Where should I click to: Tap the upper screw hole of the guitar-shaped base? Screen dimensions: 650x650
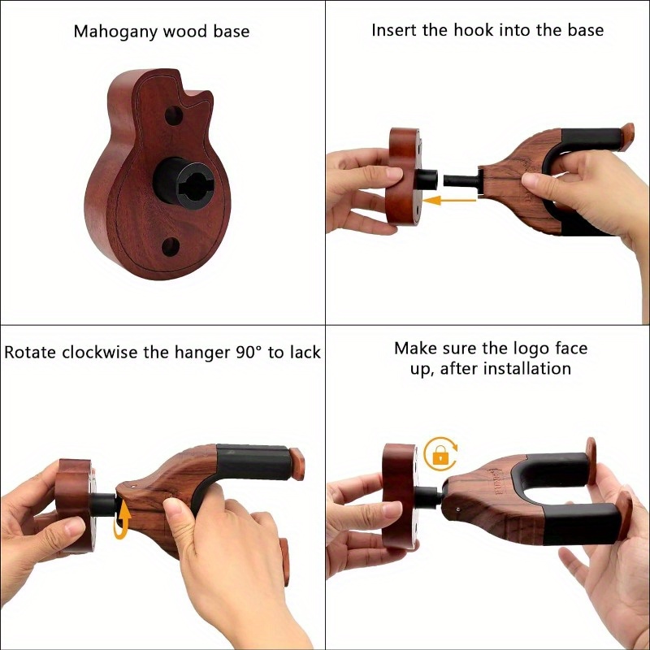coord(173,115)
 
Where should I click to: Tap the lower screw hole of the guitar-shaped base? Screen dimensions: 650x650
coord(171,245)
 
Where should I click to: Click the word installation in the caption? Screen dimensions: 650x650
coord(526,369)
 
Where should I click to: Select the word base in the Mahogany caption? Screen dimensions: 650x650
coord(231,32)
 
